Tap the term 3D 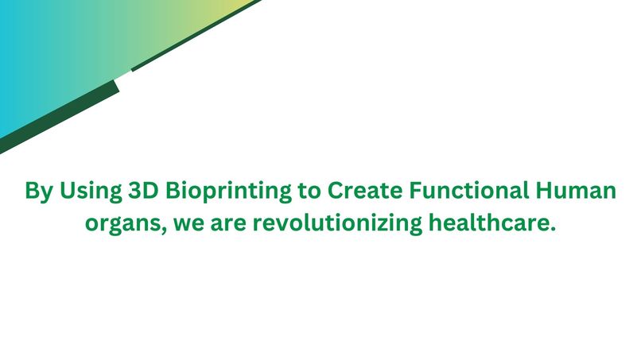[x=142, y=192]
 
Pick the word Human [x=577, y=192]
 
